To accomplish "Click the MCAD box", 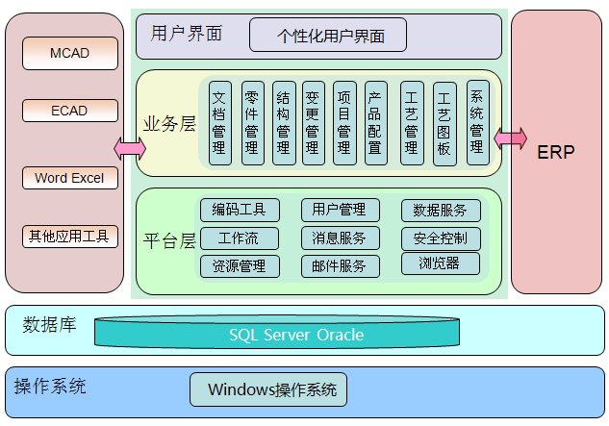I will click(69, 53).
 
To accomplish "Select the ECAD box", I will click(69, 111).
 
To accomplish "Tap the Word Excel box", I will click(69, 178).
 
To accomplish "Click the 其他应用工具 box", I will click(69, 236).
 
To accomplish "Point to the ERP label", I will click(556, 152).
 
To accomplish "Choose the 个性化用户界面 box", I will click(328, 37).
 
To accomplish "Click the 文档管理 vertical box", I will click(219, 122).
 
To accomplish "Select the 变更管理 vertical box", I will click(313, 122).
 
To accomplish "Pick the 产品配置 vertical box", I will click(375, 122).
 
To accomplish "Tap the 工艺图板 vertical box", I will click(444, 123).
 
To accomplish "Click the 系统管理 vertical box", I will click(477, 122).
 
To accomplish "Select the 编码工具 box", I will click(240, 210).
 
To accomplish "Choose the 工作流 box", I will click(240, 238).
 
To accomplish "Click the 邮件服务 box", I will click(340, 266).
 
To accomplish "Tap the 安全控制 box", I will click(441, 238).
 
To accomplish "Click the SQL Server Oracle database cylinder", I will click(296, 335).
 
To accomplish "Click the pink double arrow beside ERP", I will click(510, 138).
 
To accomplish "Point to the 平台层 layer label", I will click(169, 239).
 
